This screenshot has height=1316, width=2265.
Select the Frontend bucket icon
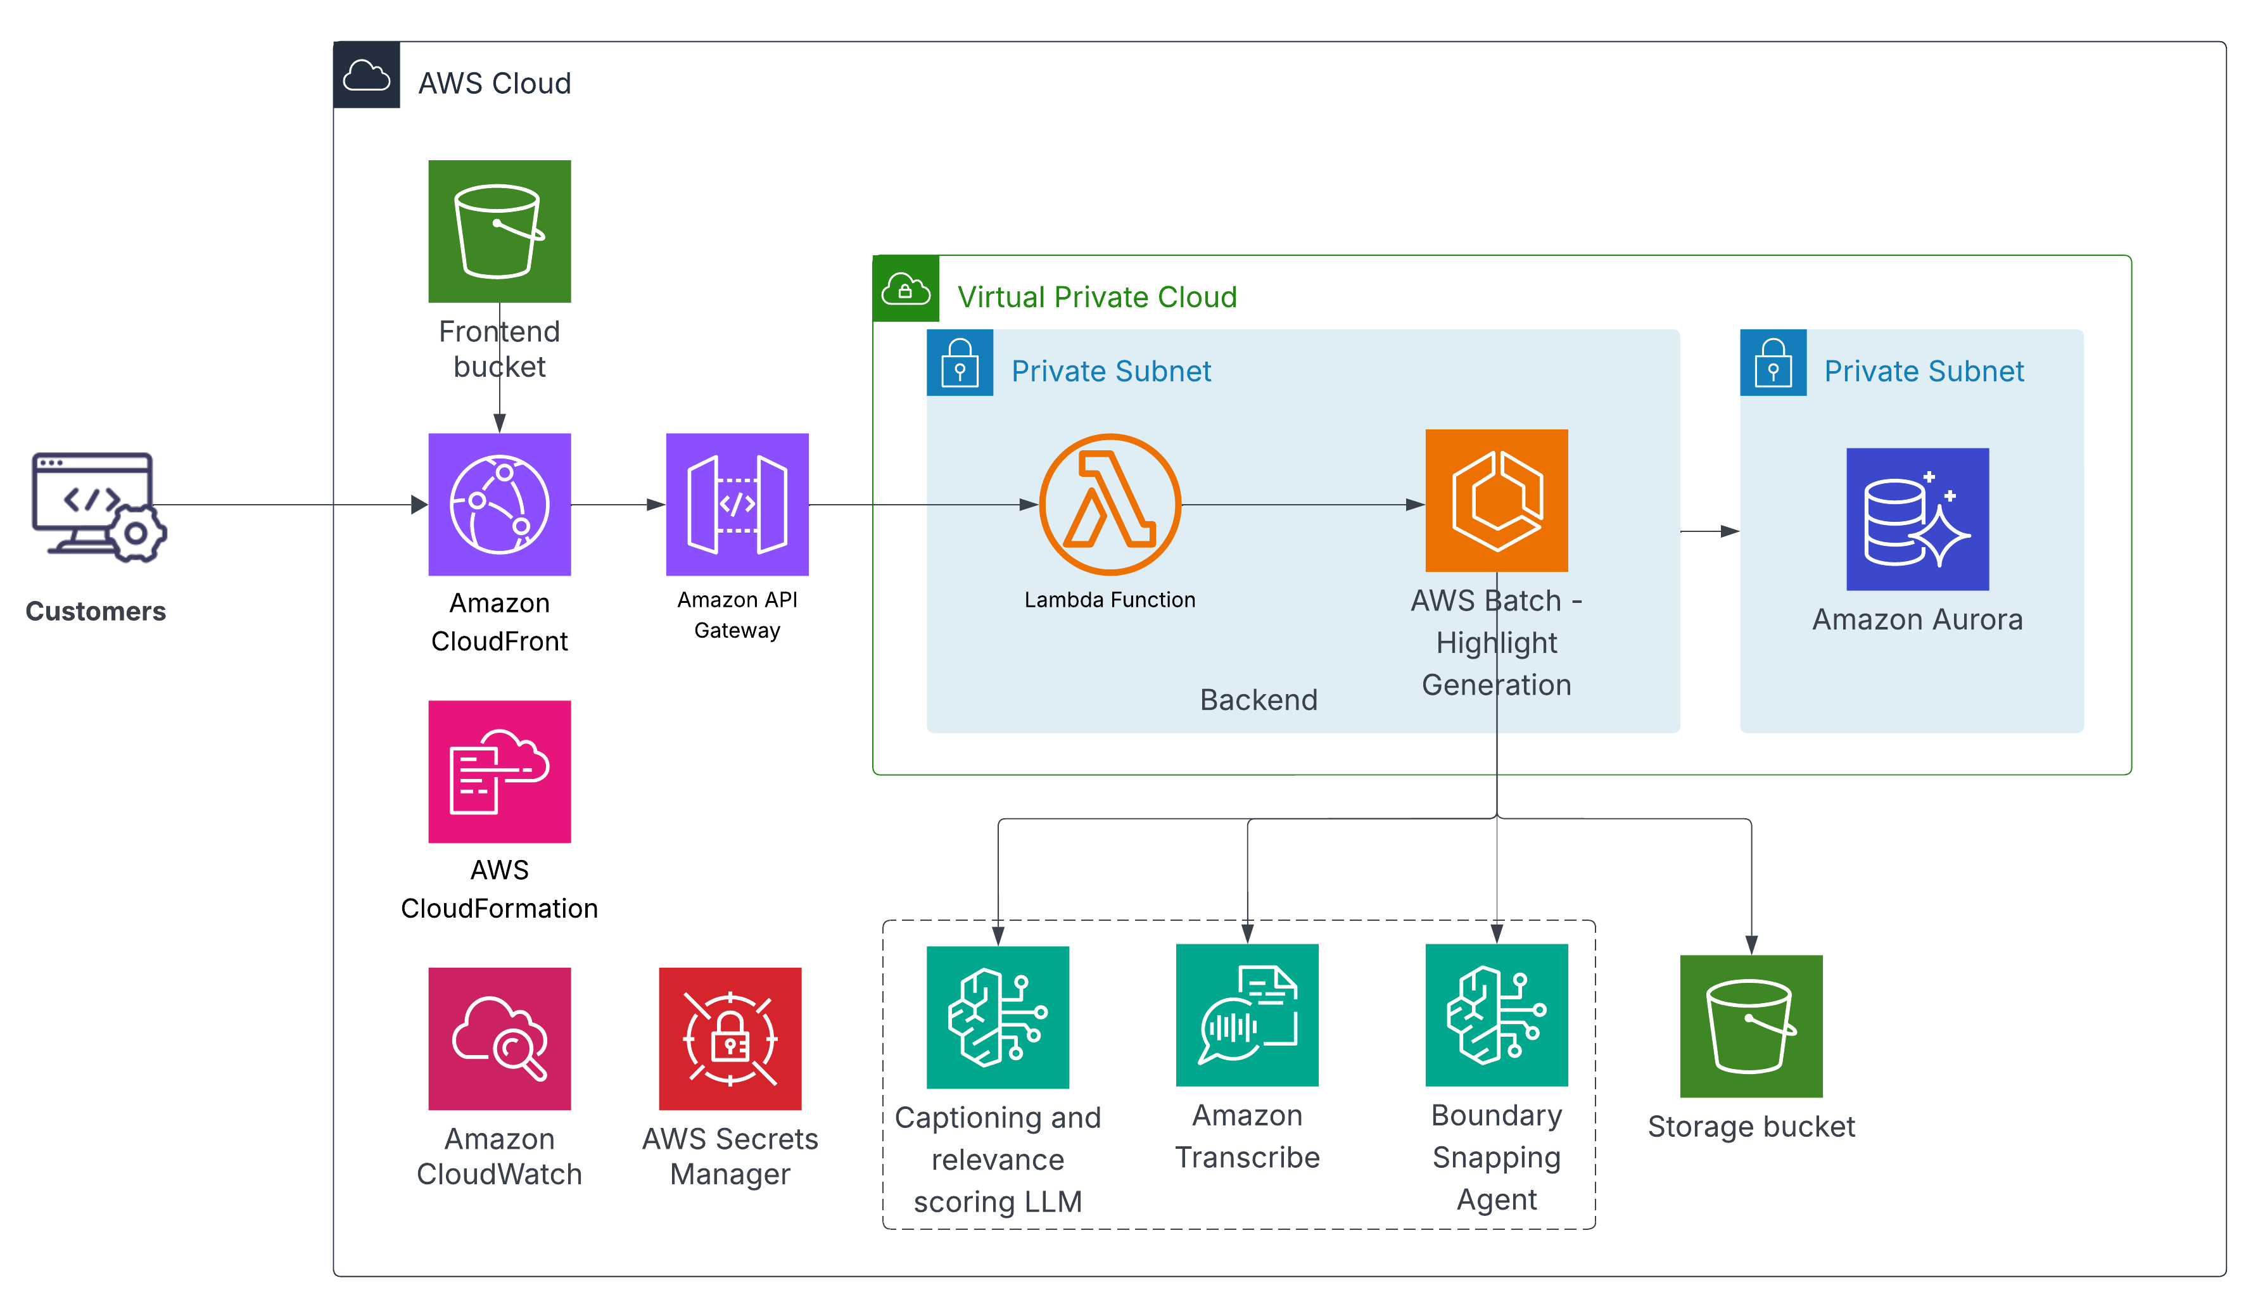(500, 231)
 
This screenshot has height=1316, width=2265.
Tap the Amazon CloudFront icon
(500, 504)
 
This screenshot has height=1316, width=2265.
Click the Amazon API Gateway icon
(737, 504)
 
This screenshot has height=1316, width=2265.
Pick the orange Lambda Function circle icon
(1110, 504)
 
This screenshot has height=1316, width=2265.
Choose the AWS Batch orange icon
(1497, 501)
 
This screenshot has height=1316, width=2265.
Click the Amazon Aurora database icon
(1917, 519)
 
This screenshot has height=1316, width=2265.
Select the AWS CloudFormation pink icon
(500, 771)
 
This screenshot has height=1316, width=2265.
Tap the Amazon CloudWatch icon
(500, 1038)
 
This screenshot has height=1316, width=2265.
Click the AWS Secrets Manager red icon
(730, 1038)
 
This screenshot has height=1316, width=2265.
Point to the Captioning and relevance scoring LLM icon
(998, 1018)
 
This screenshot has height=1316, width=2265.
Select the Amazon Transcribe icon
(1248, 1015)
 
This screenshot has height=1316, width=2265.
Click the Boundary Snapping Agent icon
(1497, 1015)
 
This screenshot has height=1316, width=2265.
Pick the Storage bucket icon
(1751, 1027)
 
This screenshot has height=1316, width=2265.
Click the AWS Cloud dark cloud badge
(367, 75)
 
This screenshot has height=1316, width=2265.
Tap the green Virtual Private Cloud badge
(906, 289)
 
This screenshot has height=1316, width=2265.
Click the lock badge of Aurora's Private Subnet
(1772, 363)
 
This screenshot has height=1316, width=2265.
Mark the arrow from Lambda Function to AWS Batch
(1304, 505)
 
